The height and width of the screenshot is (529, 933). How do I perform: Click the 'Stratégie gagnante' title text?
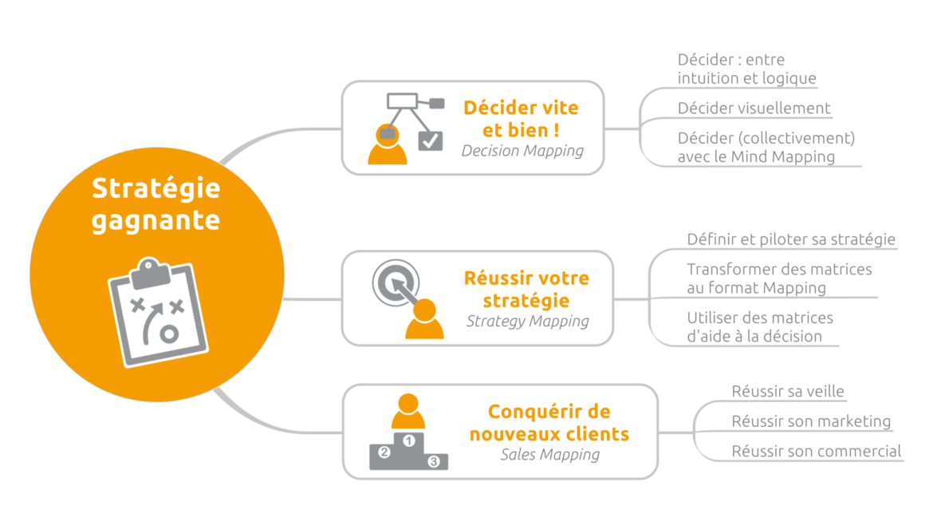click(155, 203)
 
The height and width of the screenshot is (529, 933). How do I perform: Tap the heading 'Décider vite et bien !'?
click(521, 119)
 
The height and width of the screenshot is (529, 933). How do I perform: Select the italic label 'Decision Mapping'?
click(522, 150)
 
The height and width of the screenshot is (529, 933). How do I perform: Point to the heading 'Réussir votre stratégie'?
click(526, 289)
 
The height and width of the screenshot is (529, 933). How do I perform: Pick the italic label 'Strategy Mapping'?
click(527, 322)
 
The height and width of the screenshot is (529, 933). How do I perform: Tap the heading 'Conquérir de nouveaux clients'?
click(549, 423)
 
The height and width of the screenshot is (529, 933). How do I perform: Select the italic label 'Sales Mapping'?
click(549, 455)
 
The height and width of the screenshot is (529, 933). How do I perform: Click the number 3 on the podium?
click(434, 461)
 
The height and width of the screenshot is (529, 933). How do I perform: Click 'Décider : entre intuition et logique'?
click(746, 69)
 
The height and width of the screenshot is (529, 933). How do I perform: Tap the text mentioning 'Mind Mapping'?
click(766, 148)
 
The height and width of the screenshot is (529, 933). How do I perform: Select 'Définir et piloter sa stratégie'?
click(791, 239)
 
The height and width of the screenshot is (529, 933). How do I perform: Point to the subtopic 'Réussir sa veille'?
click(788, 392)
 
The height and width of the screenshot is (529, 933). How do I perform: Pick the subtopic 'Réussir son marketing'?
click(811, 421)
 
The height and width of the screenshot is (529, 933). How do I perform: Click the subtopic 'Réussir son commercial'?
click(817, 452)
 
